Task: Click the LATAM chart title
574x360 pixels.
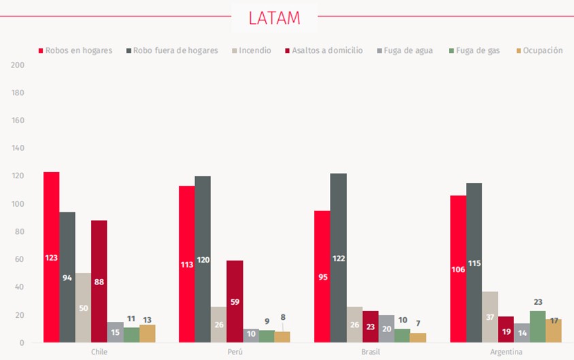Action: (274, 18)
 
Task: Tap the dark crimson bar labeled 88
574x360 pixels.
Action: (99, 281)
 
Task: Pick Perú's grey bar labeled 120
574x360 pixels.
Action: (203, 259)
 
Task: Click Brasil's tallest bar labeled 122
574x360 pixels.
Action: (338, 258)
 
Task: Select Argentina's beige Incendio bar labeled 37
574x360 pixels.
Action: (490, 317)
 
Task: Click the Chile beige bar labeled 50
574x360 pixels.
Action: (83, 308)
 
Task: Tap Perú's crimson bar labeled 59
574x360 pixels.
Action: (235, 301)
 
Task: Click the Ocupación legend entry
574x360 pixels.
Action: (540, 50)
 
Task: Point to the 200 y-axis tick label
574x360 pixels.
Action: (18, 65)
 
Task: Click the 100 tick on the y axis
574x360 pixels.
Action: (18, 204)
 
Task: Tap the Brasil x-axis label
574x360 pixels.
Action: (371, 352)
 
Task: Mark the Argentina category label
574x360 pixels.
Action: (506, 352)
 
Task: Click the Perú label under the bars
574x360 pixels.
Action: (235, 352)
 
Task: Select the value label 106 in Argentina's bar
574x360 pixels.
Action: (458, 269)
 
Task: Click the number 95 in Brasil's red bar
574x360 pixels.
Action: (322, 277)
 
